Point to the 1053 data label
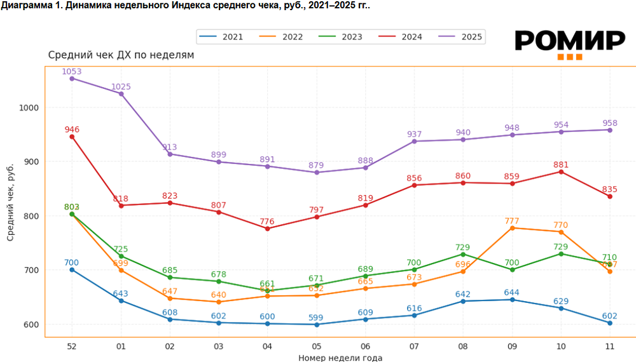tap(72, 72)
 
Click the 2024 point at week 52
tap(72, 137)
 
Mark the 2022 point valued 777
tap(512, 227)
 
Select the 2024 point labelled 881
tap(561, 171)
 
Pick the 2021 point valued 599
tap(316, 325)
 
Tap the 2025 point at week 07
tap(414, 141)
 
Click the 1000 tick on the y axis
tap(30, 108)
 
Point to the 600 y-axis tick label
tap(32, 325)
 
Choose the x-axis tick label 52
tap(72, 346)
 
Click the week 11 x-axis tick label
tap(610, 346)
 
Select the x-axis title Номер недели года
tap(340, 358)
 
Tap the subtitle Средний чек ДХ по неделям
tap(121, 55)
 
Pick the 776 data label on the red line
tap(267, 222)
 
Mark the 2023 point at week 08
tap(463, 254)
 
